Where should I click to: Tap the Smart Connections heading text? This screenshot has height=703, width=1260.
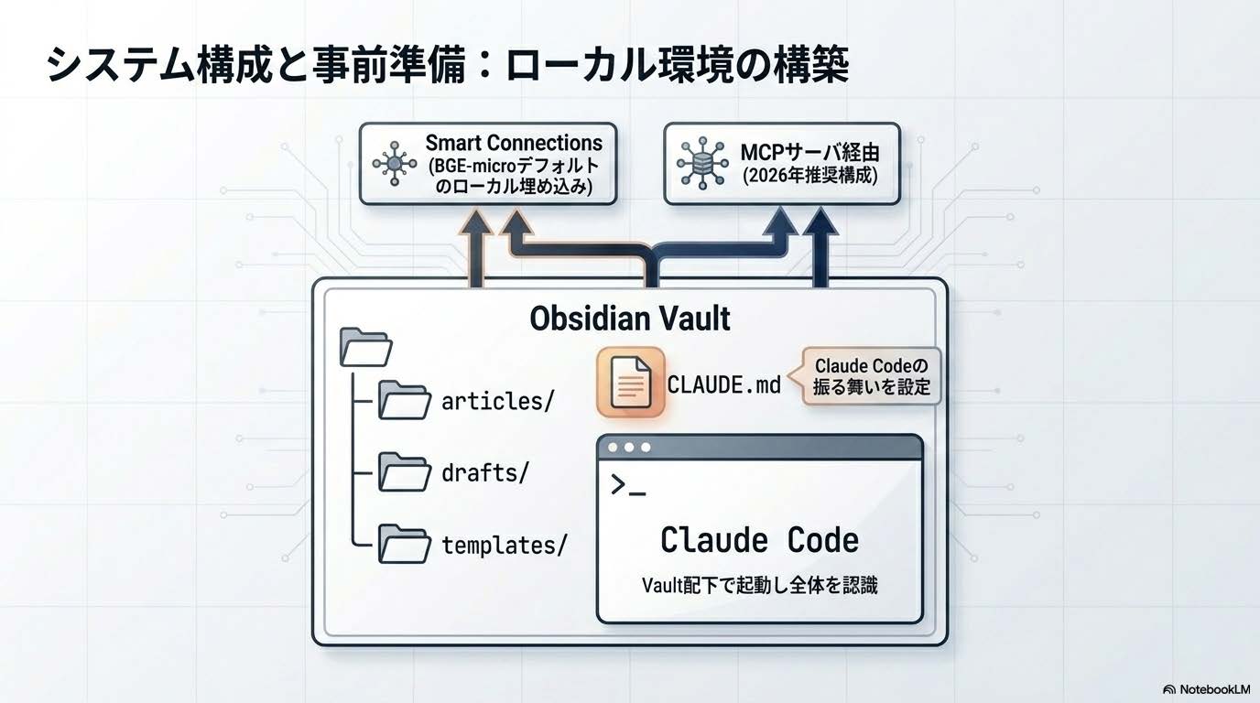click(x=514, y=144)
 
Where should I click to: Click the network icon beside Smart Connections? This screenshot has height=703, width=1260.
click(x=395, y=164)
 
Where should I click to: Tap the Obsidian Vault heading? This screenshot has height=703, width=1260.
click(x=630, y=319)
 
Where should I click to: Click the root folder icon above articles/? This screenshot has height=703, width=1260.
click(x=365, y=348)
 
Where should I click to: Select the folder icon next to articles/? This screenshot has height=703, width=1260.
click(x=405, y=400)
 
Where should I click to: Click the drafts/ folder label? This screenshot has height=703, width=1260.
click(x=484, y=474)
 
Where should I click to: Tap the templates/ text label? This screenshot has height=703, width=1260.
click(x=505, y=546)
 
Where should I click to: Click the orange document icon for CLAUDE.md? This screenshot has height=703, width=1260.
click(x=630, y=383)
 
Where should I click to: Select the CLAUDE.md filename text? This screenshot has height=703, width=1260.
click(x=723, y=384)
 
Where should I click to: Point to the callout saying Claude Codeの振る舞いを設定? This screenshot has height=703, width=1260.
click(x=871, y=376)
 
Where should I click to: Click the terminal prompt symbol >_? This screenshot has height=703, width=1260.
click(x=628, y=486)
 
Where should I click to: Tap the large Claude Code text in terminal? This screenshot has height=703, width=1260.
click(x=759, y=539)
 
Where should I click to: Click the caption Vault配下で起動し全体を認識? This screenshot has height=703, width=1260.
click(x=759, y=585)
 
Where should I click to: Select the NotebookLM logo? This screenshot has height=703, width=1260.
click(x=1205, y=689)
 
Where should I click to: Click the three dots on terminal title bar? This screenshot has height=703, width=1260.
click(x=629, y=448)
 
